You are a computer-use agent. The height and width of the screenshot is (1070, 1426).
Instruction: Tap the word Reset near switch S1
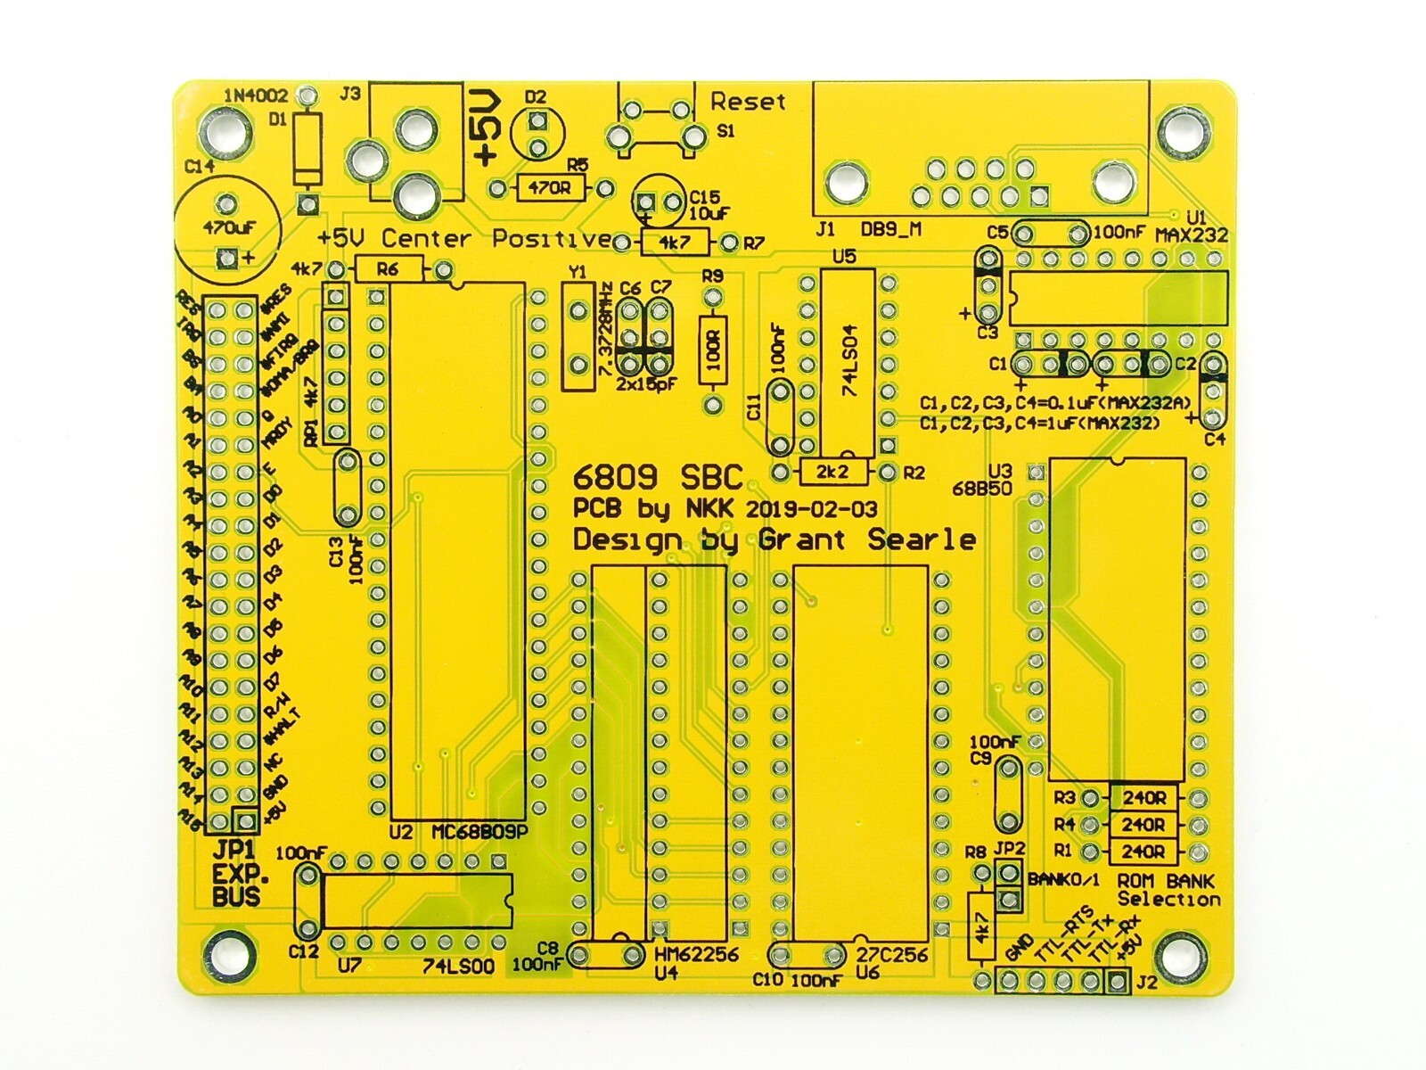click(x=748, y=102)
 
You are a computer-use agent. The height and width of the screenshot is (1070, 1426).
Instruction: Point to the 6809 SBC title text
click(x=659, y=477)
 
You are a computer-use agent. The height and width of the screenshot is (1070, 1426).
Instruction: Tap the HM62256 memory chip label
click(x=696, y=954)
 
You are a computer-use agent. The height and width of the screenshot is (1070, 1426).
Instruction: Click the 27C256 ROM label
click(x=891, y=954)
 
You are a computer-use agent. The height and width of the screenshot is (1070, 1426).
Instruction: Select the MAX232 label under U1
click(x=1192, y=235)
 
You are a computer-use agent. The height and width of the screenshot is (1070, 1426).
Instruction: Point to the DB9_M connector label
click(x=890, y=230)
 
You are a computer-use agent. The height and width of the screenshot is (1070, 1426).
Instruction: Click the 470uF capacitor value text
click(x=229, y=227)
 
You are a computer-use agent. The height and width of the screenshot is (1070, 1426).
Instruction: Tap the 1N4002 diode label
click(x=256, y=95)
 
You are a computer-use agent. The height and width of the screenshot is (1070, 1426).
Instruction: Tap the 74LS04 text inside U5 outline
click(x=848, y=362)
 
